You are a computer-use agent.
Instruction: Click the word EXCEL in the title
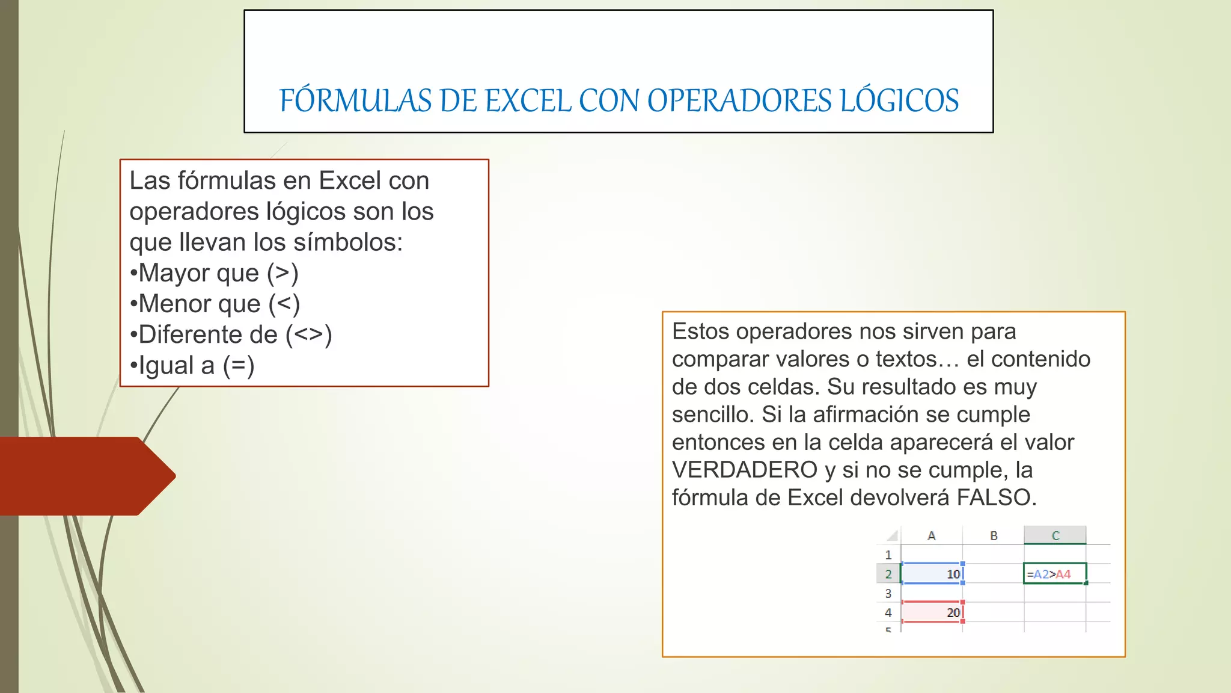click(528, 101)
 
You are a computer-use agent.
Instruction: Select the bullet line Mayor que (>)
click(214, 273)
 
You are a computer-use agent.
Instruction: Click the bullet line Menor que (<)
click(215, 304)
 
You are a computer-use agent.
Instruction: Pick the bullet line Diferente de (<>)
click(231, 334)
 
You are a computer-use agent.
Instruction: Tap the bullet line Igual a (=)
click(192, 365)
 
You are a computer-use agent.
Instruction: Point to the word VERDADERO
click(745, 470)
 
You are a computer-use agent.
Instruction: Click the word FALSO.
click(997, 497)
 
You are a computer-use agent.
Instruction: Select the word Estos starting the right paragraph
click(700, 331)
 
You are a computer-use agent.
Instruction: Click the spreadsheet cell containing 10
click(932, 574)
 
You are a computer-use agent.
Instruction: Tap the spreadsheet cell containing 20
click(932, 612)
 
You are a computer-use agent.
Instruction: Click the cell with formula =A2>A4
click(1054, 574)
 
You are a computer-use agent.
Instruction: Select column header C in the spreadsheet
click(1055, 535)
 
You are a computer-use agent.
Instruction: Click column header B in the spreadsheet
click(994, 535)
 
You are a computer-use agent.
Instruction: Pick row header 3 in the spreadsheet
click(888, 593)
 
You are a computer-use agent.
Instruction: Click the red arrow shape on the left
click(84, 476)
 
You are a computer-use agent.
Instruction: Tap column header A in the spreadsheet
click(932, 535)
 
